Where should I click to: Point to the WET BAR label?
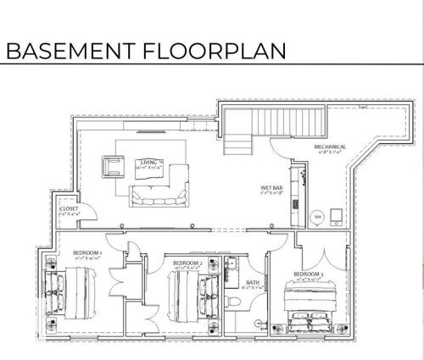(x=271, y=189)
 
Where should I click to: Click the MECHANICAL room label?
(x=330, y=147)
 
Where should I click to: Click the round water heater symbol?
(x=319, y=217)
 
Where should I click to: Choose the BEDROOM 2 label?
(x=187, y=264)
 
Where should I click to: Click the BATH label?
(x=252, y=284)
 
